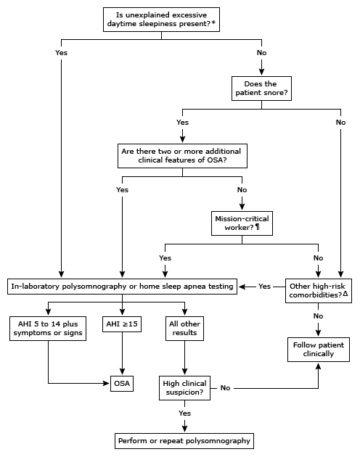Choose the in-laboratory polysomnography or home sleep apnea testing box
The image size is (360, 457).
[x=122, y=287]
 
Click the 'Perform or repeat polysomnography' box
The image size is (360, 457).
[x=183, y=440]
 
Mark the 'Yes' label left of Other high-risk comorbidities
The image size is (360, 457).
[x=265, y=287]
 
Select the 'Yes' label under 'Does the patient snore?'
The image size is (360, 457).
[x=182, y=122]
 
